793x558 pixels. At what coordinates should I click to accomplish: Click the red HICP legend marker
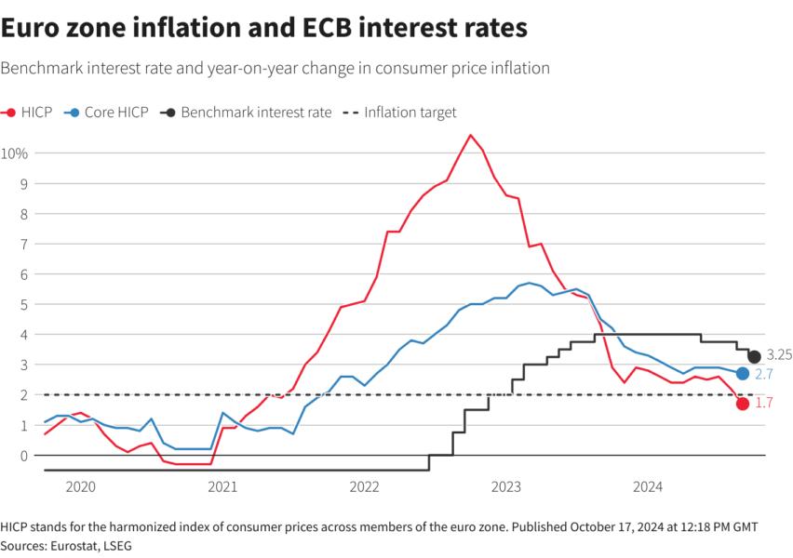pos(10,113)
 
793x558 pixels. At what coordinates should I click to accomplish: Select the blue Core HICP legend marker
pos(72,113)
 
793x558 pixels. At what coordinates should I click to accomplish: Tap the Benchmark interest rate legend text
pos(255,113)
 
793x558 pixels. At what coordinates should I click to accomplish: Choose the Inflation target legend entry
pos(410,113)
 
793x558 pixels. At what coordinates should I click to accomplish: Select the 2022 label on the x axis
pos(364,486)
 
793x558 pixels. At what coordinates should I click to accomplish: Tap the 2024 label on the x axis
pos(648,486)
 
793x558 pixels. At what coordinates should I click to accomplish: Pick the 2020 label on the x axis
pos(81,486)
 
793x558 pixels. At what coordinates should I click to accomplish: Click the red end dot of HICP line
pos(742,404)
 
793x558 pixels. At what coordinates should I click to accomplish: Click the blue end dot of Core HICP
pos(742,374)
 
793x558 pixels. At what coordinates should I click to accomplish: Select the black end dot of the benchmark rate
pos(754,356)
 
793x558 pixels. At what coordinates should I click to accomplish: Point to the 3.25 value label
pos(778,355)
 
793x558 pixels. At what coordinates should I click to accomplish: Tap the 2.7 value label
pos(764,374)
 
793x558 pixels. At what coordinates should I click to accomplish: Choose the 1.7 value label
pos(763,405)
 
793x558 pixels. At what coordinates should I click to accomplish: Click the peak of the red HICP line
pos(470,136)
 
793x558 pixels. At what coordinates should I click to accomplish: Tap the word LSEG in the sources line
pos(119,545)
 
